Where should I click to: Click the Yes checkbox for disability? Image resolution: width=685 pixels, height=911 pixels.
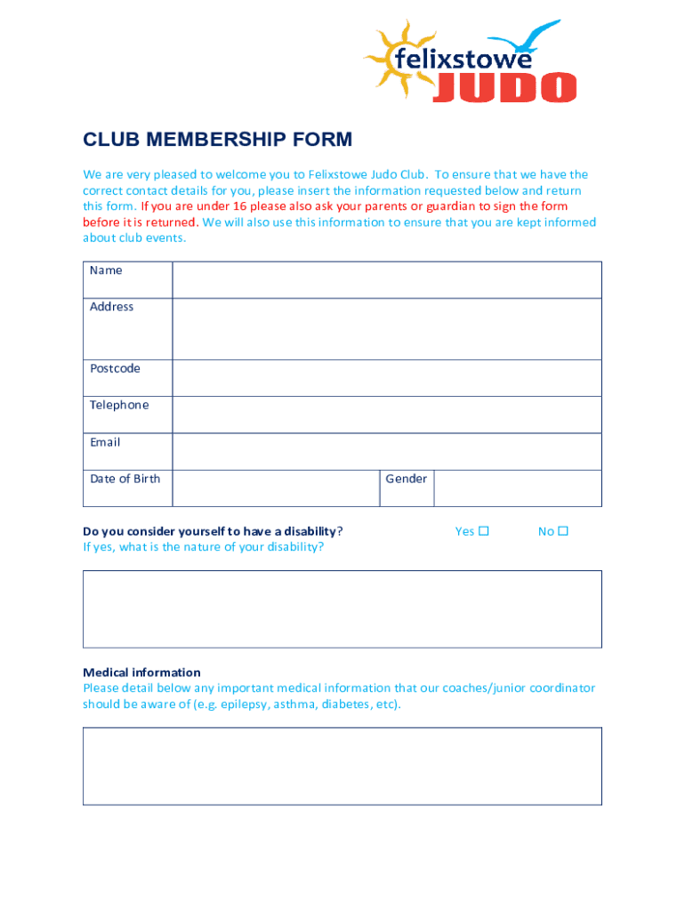484,531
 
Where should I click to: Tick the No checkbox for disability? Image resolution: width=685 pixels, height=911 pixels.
562,531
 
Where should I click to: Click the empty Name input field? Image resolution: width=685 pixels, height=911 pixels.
387,279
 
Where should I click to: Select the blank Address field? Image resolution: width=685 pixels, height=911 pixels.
387,328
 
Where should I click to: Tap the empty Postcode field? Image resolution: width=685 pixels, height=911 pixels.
387,377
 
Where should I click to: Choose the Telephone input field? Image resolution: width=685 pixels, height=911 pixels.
387,415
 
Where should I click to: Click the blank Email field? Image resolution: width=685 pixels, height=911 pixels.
387,451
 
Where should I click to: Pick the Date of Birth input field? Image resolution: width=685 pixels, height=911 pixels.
276,488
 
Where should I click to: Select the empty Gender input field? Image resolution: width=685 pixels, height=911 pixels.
518,488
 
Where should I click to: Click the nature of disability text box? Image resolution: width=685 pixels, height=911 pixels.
342,609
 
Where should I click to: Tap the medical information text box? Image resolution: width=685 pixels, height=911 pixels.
342,766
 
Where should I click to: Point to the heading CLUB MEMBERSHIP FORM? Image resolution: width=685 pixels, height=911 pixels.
218,140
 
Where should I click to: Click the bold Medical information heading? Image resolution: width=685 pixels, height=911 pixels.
141,673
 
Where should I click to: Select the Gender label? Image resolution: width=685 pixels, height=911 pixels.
406,479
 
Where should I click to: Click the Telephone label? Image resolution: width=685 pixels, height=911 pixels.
119,405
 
